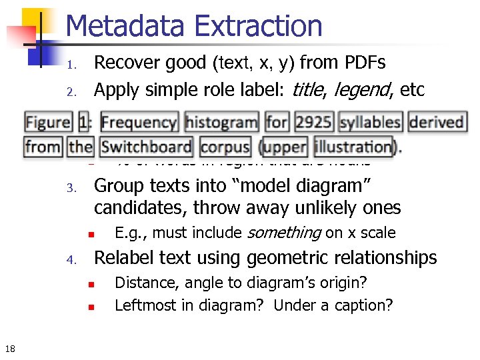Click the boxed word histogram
(221, 123)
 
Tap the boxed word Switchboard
(147, 146)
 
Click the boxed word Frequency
(139, 123)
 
